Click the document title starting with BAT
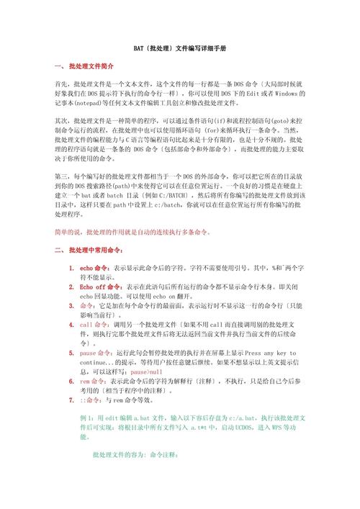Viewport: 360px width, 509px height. click(180, 48)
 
